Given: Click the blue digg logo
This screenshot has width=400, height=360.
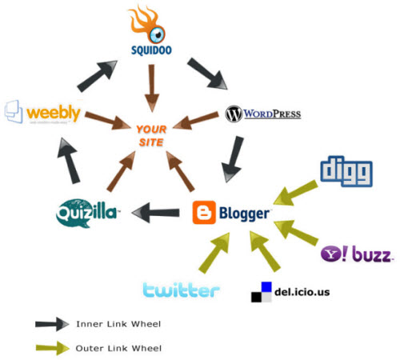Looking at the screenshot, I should [x=346, y=170].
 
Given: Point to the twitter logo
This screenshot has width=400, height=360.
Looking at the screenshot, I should [x=181, y=289].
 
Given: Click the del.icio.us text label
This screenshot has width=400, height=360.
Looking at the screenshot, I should [x=301, y=291].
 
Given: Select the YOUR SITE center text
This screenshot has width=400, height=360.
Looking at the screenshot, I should [x=150, y=134].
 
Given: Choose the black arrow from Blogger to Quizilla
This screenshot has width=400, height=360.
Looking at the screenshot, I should [x=156, y=213].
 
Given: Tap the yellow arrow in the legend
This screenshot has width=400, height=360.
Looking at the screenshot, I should [x=53, y=347].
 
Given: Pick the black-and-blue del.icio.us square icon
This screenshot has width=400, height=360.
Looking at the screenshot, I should [x=261, y=292].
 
